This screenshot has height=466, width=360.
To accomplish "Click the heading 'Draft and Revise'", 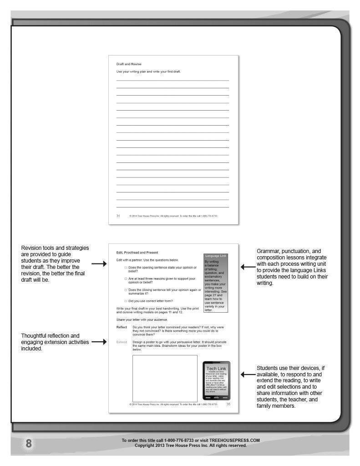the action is [129, 64].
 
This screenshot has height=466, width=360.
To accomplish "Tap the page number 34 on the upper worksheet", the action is [118, 216].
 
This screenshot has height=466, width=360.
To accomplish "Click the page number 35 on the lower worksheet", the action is [228, 404].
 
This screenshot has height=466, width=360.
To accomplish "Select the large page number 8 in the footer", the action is [29, 444].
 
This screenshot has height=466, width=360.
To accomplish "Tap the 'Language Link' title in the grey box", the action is [216, 256].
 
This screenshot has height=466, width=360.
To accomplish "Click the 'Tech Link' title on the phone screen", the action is [216, 368].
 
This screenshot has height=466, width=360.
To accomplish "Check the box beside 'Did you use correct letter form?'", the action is [126, 301].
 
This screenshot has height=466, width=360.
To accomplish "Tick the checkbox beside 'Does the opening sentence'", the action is [126, 268].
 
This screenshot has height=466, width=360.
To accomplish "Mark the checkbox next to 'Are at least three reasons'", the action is [126, 279].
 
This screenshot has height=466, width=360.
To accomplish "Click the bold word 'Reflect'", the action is [122, 327].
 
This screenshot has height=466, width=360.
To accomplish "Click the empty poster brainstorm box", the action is [165, 378].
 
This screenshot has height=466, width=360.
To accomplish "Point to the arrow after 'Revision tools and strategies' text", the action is [99, 263].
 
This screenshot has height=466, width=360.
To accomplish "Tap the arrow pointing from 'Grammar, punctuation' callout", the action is [248, 267].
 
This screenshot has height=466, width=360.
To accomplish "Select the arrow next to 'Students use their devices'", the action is [248, 375].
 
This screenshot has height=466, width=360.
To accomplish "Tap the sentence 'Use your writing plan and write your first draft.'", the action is [149, 72].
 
